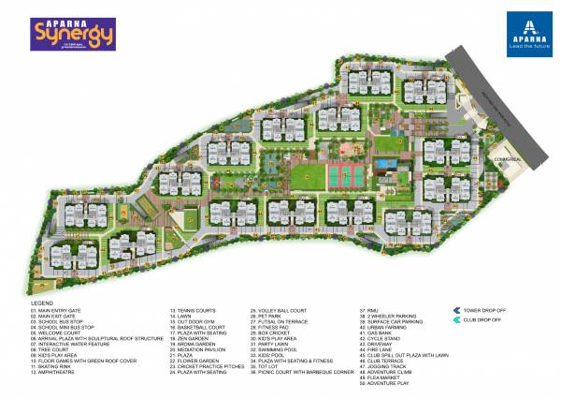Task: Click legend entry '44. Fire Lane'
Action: (376, 347)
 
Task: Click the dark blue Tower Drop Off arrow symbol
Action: (455, 309)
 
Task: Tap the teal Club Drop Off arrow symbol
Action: (455, 320)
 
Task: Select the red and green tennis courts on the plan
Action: (341, 174)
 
